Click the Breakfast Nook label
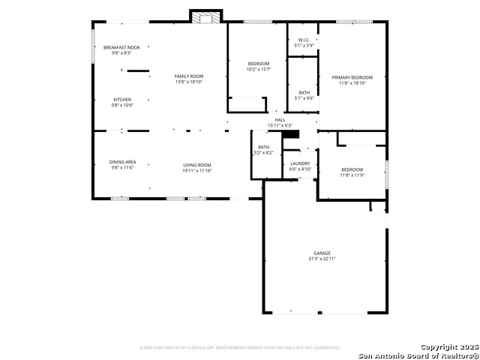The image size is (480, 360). [x=121, y=47]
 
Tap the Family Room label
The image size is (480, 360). [x=189, y=76]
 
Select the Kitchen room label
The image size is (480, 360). [x=121, y=100]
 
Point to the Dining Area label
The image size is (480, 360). [x=122, y=162]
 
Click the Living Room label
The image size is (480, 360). [x=197, y=165]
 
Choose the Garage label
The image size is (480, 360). [x=322, y=253]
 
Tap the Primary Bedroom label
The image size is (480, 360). [x=352, y=77]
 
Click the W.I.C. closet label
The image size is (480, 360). [x=304, y=40]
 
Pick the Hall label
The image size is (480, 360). [x=280, y=119]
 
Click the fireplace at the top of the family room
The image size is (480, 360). [x=205, y=16]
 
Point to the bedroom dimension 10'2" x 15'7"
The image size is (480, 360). [x=259, y=70]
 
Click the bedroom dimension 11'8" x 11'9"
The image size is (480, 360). [x=352, y=175]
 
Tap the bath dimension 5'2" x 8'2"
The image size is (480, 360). [x=264, y=153]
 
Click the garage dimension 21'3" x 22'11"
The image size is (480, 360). [x=322, y=259]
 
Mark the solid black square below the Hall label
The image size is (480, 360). [x=295, y=134]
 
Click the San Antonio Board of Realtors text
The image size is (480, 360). [x=417, y=355]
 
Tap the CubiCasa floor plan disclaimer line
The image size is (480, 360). [x=240, y=348]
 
